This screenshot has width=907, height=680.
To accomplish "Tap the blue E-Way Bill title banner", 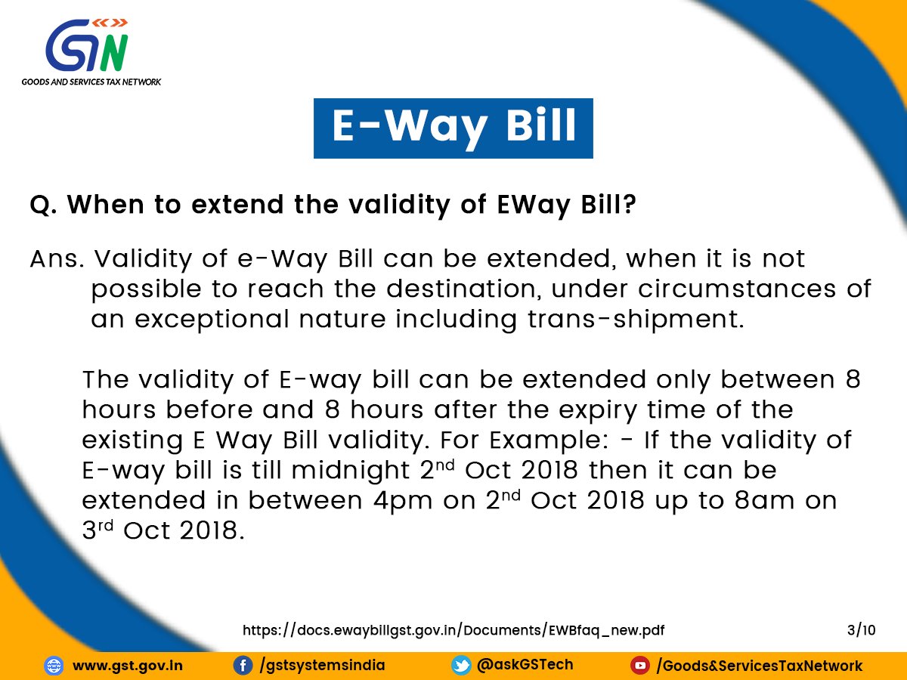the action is click(x=453, y=128).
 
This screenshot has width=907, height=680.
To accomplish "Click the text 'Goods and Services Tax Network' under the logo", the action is click(x=91, y=82).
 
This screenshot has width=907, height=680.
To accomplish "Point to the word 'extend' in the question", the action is click(x=237, y=204).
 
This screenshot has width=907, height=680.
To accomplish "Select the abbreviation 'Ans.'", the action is click(x=57, y=259).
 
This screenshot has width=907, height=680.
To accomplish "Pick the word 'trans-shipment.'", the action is click(x=636, y=320).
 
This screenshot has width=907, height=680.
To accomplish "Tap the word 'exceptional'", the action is click(x=212, y=320).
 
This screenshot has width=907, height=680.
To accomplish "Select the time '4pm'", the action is click(x=403, y=501).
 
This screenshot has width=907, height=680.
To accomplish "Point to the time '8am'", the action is click(x=765, y=501).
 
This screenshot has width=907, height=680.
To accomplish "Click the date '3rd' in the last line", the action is click(x=98, y=530).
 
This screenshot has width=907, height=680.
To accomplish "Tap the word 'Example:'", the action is click(x=549, y=440).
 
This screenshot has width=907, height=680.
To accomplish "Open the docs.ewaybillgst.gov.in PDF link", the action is click(x=453, y=630).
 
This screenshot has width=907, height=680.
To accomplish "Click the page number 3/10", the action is click(x=861, y=630).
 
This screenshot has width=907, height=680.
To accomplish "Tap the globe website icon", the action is click(x=54, y=666).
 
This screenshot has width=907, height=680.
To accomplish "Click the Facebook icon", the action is click(x=243, y=666).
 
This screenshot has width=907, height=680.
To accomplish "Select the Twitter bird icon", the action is click(x=461, y=666).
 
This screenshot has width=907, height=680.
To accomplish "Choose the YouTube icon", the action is click(x=640, y=666).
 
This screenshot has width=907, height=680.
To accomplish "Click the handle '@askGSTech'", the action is click(x=525, y=665).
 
